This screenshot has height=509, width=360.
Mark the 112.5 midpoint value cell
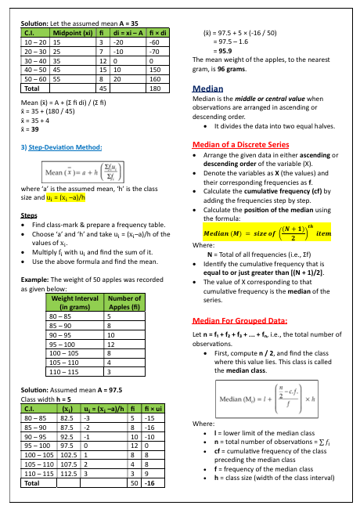pyautogui.click(x=67, y=473)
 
